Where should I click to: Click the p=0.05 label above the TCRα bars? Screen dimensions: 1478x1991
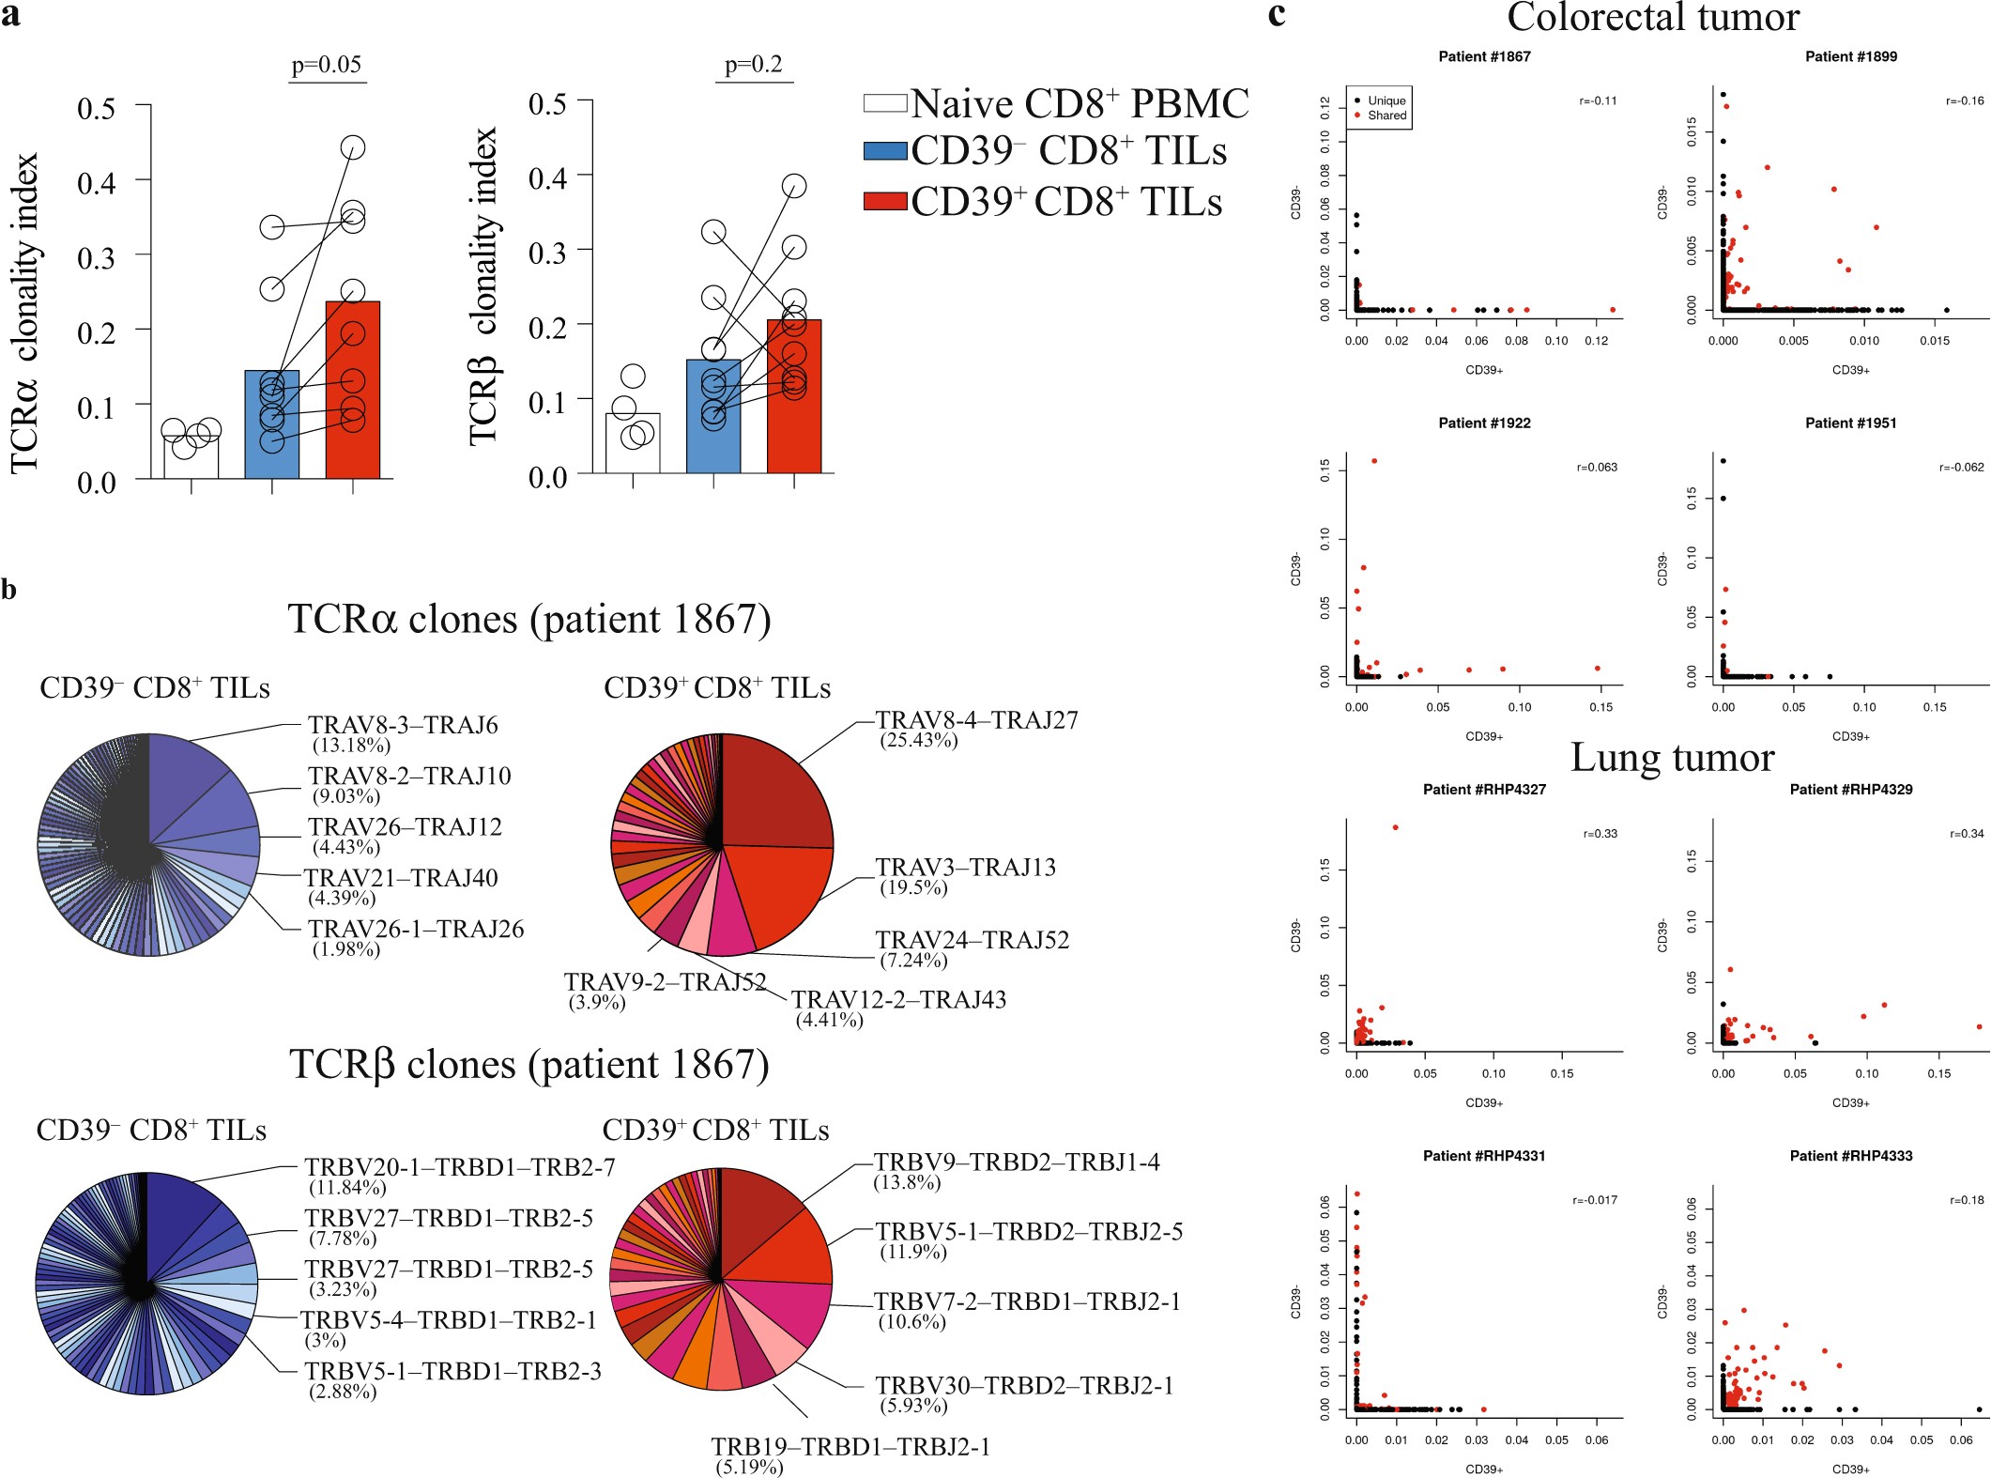pyautogui.click(x=326, y=65)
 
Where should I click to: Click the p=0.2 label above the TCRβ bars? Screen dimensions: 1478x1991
pyautogui.click(x=754, y=65)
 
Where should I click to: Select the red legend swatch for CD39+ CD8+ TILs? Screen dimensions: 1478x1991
pyautogui.click(x=884, y=201)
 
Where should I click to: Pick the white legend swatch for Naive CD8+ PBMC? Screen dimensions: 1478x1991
pyautogui.click(x=884, y=103)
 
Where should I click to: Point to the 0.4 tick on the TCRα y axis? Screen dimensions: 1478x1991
pyautogui.click(x=97, y=182)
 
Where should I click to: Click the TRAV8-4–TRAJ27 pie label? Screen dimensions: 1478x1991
pyautogui.click(x=976, y=720)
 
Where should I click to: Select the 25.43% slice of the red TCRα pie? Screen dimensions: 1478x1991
pyautogui.click(x=774, y=793)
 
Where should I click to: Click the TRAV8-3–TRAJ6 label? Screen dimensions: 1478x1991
pyautogui.click(x=403, y=725)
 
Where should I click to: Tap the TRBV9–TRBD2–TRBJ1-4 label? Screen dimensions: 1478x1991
pyautogui.click(x=1017, y=1162)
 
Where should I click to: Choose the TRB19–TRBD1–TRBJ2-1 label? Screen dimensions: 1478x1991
pyautogui.click(x=850, y=1447)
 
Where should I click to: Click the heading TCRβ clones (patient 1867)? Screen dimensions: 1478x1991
pyautogui.click(x=529, y=1066)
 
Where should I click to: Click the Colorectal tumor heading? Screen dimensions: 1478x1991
pyautogui.click(x=1653, y=17)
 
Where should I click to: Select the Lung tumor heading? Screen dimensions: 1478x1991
pyautogui.click(x=1672, y=758)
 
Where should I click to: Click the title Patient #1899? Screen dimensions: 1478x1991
pyautogui.click(x=1850, y=56)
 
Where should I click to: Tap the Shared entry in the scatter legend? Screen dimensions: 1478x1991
pyautogui.click(x=1386, y=115)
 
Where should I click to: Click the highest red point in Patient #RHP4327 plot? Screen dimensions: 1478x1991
pyautogui.click(x=1395, y=827)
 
